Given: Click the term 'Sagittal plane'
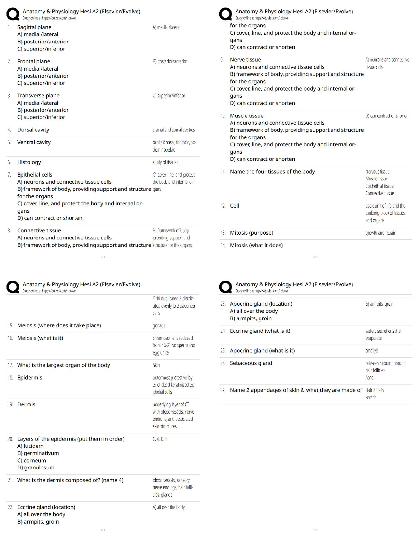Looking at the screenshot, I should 34,27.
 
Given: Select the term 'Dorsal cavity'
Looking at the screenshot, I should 33,130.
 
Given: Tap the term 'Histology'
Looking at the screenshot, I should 29,162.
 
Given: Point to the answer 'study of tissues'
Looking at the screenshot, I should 165,162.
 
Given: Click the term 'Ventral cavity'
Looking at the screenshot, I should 34,142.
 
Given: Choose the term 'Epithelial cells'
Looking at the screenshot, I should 35,175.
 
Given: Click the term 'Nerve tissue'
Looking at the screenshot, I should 245,59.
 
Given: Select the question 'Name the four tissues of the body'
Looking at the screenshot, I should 272,171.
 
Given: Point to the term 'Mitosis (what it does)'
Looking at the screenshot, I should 256,245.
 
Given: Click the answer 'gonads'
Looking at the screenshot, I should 159,325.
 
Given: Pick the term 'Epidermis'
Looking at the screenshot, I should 30,377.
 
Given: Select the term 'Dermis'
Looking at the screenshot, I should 26,404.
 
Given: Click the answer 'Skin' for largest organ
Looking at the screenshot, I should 156,365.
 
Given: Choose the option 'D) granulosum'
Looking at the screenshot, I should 36,468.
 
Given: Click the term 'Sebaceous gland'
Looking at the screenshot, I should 251,363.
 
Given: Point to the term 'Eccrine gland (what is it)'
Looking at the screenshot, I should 260,331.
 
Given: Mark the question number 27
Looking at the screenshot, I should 223,390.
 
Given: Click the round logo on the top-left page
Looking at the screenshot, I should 13,14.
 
